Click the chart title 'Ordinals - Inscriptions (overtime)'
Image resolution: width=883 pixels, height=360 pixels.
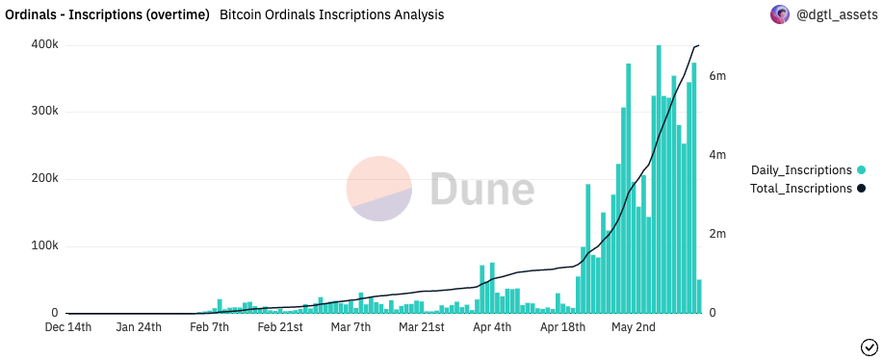point(107,14)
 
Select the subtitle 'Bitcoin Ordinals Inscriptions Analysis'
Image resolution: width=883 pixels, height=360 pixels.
point(332,14)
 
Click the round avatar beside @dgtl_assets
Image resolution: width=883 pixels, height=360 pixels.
point(779,14)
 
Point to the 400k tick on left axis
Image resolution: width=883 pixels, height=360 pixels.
point(44,44)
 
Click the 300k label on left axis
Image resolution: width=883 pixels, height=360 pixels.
point(44,112)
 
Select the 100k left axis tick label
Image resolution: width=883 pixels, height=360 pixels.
point(44,246)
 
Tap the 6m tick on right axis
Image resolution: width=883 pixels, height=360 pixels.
point(717,76)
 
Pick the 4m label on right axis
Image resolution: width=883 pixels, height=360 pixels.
point(717,155)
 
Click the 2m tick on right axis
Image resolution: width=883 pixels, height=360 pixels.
point(717,234)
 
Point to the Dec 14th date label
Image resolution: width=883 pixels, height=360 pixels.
point(68,327)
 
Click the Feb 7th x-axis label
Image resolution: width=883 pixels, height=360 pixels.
point(209,327)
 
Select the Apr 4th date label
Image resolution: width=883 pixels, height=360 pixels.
point(492,327)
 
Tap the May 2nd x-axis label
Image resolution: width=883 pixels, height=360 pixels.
point(634,327)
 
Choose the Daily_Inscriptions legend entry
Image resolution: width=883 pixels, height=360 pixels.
point(801,170)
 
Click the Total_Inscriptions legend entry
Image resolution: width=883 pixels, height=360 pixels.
point(801,189)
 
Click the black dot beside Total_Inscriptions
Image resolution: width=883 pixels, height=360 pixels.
point(861,189)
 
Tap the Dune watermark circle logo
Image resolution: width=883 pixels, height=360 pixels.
point(379,189)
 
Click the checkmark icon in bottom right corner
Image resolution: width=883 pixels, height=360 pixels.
point(868,347)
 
